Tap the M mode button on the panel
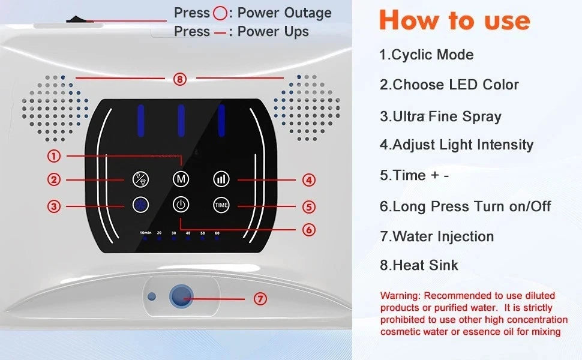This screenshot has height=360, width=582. pos(181,179)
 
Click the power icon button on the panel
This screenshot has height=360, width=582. pos(181,205)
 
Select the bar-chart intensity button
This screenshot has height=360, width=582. pos(221,179)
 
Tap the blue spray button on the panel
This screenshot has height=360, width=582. pos(140,205)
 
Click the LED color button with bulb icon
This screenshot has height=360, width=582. pos(140,179)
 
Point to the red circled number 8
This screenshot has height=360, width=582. pos(179,79)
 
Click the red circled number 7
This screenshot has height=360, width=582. pos(260,299)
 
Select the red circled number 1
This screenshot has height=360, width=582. pos(54,156)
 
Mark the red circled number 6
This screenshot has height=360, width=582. pos(309,230)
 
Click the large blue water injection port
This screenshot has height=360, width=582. pos(181,296)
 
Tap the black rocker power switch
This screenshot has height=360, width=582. pos(79,19)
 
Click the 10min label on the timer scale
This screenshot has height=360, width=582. pos(145,233)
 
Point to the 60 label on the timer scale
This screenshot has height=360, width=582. pos(217,233)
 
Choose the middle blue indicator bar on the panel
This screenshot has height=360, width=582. pos(181,121)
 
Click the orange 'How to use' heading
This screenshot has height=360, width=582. pos(455,20)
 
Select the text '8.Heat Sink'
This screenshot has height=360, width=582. pos(419,265)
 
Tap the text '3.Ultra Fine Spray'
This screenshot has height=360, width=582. pos(440,116)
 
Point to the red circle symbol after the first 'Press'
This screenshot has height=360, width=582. pos(220,13)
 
